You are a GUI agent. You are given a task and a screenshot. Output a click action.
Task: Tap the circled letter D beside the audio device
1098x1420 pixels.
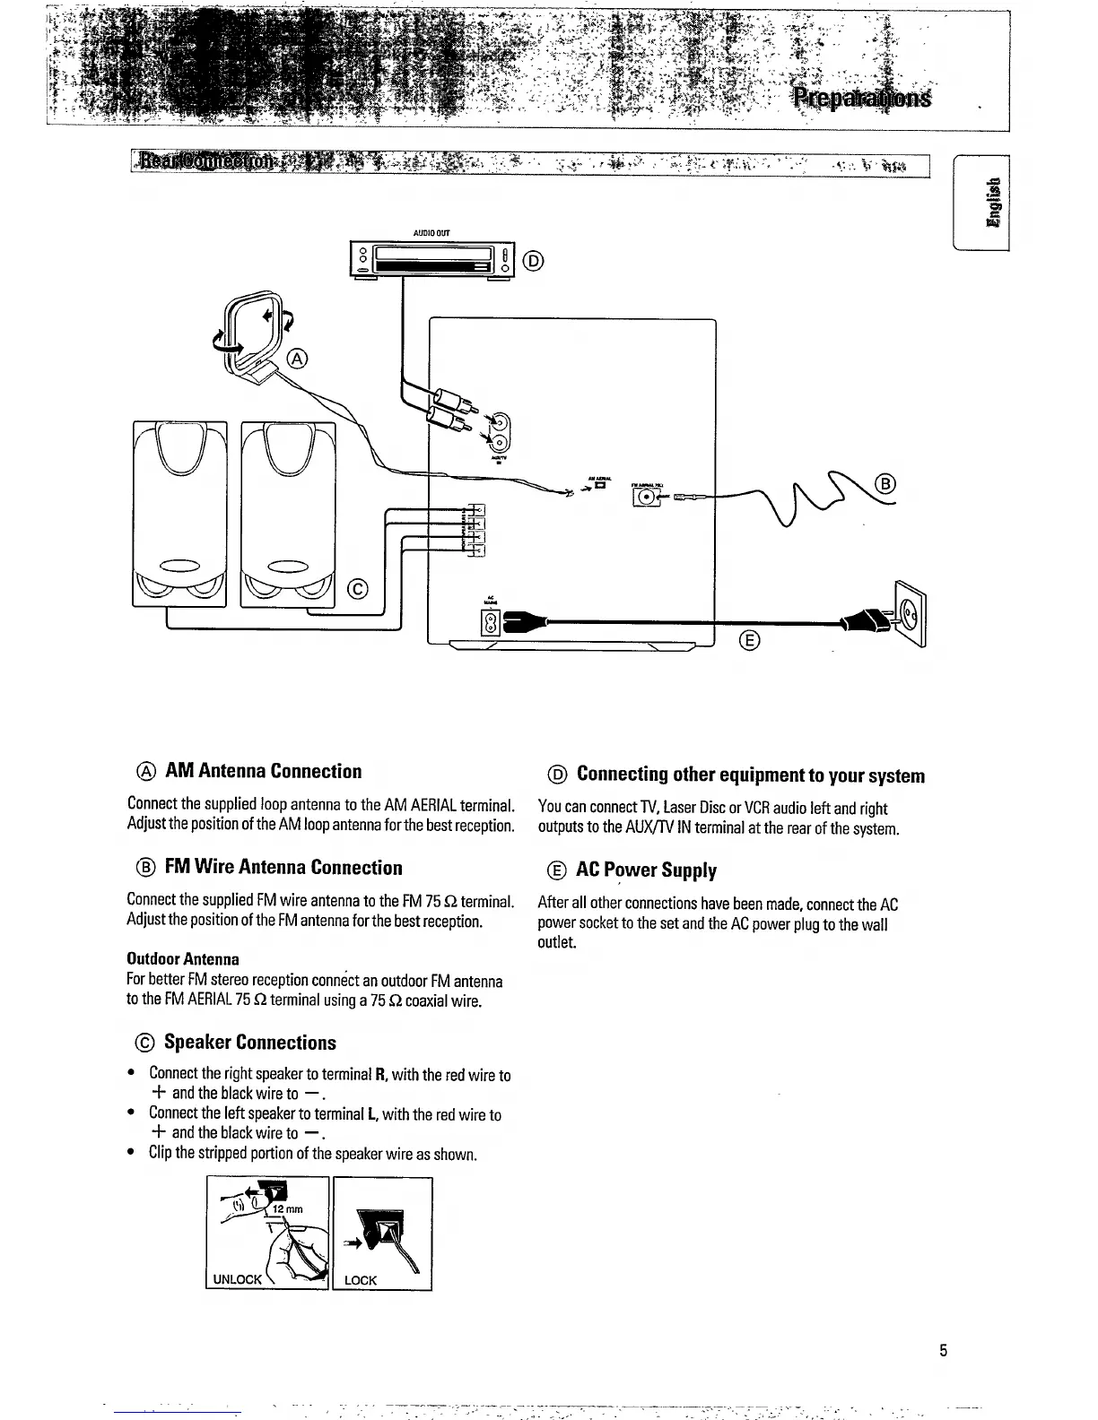coord(532,261)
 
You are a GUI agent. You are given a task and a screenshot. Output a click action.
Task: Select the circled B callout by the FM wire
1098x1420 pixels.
coord(885,485)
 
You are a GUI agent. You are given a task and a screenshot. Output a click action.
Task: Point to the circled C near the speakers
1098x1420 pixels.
coord(356,589)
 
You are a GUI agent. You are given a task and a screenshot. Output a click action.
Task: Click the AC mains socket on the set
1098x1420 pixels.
coord(491,621)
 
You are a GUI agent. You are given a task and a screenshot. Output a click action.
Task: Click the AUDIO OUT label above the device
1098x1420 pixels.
coord(431,233)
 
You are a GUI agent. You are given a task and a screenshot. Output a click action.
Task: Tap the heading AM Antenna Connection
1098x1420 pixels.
coord(262,772)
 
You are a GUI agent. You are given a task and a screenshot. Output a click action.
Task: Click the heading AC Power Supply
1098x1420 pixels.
coord(646,870)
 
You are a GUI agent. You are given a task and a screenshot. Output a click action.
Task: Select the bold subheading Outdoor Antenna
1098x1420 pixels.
coord(183,959)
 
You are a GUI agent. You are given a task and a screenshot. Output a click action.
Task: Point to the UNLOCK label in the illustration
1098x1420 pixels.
coord(237,1279)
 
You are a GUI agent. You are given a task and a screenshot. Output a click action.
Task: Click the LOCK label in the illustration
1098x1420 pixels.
coord(361,1280)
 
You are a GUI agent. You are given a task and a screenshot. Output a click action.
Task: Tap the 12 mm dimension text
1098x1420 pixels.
coord(288,1209)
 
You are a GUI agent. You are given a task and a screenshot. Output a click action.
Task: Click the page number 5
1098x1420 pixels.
coord(943,1350)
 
